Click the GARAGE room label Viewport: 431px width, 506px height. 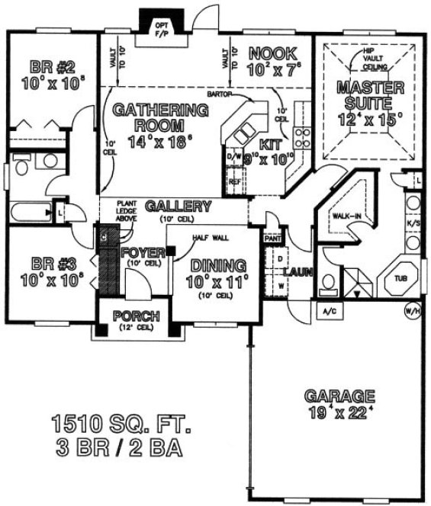339,396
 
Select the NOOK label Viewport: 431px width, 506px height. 267,53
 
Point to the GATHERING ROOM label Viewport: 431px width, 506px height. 160,117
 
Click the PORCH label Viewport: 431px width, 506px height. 136,315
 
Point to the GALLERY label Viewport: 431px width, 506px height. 178,207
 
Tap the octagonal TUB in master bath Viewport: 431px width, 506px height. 400,279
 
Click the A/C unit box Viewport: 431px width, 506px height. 330,312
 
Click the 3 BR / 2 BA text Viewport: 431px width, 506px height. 117,447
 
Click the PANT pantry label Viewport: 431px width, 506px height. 272,238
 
